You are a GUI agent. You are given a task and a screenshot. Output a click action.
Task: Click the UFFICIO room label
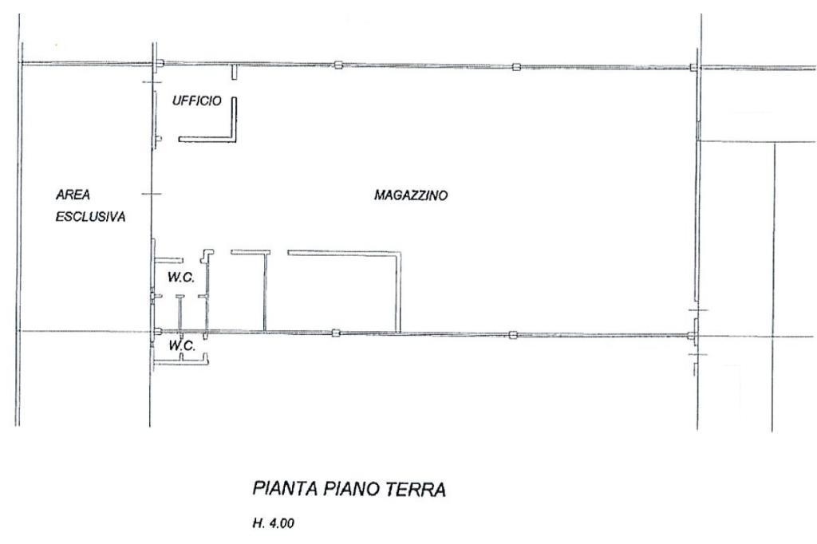coord(197,101)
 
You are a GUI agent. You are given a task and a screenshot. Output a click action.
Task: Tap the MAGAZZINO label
coord(411,195)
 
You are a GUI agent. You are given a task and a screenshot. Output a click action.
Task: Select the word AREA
coord(73,195)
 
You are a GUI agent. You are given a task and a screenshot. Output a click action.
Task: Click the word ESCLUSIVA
coord(91,216)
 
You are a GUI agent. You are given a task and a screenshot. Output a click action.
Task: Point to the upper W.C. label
coord(181,278)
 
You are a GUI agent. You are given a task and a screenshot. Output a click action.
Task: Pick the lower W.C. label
coord(182,345)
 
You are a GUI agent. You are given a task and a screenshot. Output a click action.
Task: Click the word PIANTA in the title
coord(285,489)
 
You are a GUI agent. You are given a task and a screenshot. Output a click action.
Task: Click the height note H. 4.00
coord(274,522)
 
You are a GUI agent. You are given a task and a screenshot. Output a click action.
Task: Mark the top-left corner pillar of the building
coord(159,64)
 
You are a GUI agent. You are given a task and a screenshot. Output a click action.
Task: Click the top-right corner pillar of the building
coord(693,67)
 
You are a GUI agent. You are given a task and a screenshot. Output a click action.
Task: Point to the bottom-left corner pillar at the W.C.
coord(157,331)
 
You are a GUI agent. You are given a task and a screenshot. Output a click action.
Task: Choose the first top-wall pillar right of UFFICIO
coord(338,65)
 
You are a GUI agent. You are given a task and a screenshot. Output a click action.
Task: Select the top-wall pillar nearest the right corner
coord(516,67)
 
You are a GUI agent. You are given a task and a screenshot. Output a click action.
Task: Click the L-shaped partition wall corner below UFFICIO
coord(234,139)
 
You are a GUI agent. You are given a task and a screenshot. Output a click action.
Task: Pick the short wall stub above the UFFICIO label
coord(235,72)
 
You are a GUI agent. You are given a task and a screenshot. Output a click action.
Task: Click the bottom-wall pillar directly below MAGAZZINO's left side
coord(336,333)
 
